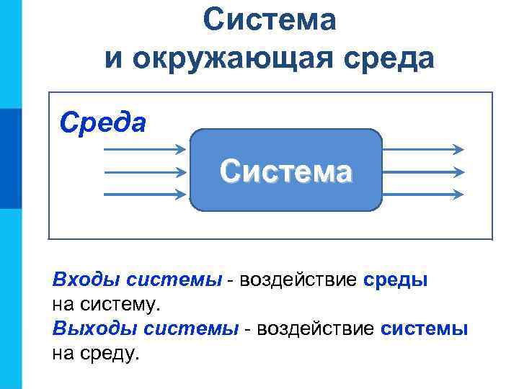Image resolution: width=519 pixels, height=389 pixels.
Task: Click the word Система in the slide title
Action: pyautogui.click(x=269, y=20)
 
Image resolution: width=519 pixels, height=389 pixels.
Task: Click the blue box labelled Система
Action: pyautogui.click(x=286, y=171)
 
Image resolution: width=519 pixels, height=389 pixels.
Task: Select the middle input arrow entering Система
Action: pyautogui.click(x=145, y=172)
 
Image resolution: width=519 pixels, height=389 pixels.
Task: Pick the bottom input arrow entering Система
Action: pyautogui.click(x=145, y=194)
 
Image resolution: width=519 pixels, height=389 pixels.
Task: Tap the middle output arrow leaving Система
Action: pyautogui.click(x=422, y=172)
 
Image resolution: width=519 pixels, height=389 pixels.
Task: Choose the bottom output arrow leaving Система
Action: pyautogui.click(x=422, y=194)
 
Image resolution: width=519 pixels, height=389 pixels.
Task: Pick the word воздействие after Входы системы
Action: pyautogui.click(x=298, y=280)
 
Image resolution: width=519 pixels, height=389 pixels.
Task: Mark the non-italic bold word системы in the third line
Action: pyautogui.click(x=425, y=329)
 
